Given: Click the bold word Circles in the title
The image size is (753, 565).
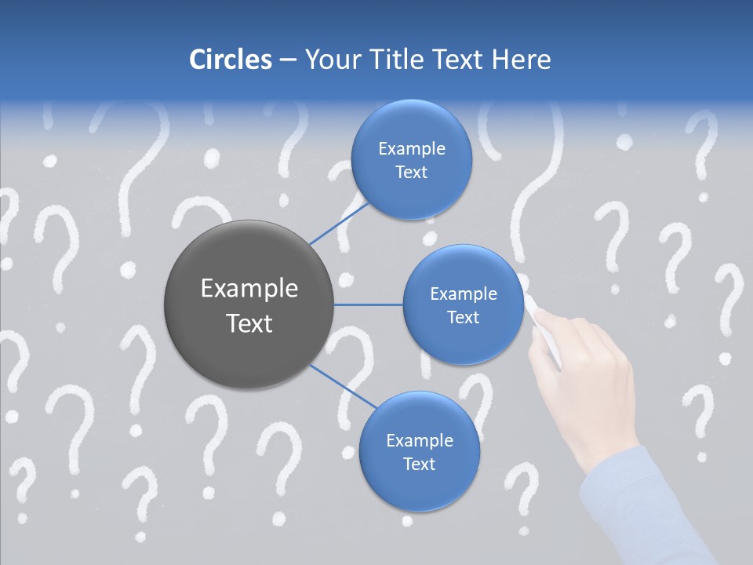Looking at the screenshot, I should point(231,60).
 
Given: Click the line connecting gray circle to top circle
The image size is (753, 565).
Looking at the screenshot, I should point(340,221).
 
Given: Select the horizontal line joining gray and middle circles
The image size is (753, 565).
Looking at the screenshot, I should point(369,304).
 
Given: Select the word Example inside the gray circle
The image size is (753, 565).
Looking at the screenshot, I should point(249,289).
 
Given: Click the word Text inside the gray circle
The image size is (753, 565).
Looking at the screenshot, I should point(249,323).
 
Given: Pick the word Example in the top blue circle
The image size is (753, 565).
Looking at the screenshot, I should point(412,149).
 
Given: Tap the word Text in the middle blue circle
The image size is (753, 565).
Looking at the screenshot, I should point(463,318).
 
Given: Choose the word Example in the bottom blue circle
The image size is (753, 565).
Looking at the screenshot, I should point(420,440).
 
